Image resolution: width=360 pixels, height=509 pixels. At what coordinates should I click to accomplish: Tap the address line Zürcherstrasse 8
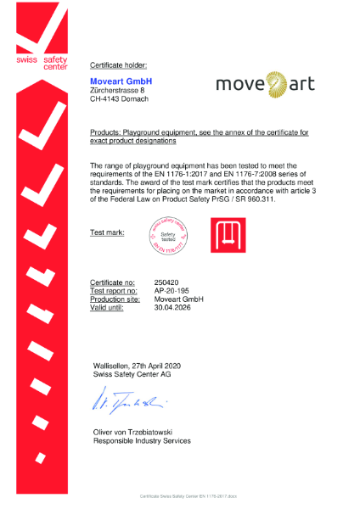pyautogui.click(x=116, y=90)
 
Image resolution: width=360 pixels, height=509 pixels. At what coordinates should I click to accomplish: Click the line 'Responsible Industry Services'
pyautogui.click(x=142, y=441)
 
